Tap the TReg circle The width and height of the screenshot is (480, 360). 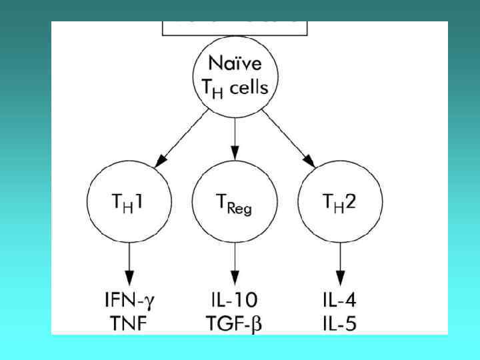pyautogui.click(x=234, y=201)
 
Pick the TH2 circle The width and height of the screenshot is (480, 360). pyautogui.click(x=340, y=201)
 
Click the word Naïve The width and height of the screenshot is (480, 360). pyautogui.click(x=234, y=65)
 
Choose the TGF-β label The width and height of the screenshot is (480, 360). pyautogui.click(x=235, y=325)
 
